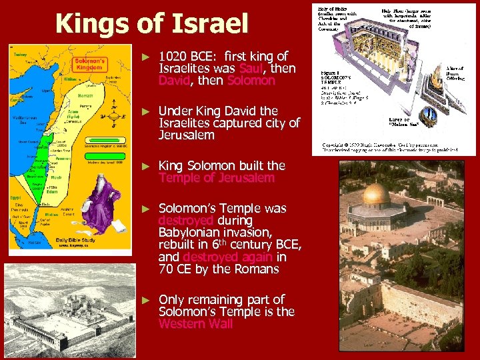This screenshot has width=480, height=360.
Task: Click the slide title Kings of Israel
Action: (x=152, y=24)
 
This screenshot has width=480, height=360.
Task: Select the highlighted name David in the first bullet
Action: (x=175, y=81)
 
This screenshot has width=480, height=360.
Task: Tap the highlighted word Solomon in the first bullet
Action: (x=251, y=81)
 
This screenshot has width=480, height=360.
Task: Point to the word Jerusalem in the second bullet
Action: (x=186, y=135)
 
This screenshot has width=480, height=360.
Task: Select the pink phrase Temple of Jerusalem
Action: (x=216, y=178)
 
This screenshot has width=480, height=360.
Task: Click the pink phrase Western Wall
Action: (x=195, y=324)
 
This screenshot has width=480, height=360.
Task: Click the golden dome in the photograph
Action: (x=376, y=194)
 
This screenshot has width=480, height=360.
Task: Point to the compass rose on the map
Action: (x=117, y=117)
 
